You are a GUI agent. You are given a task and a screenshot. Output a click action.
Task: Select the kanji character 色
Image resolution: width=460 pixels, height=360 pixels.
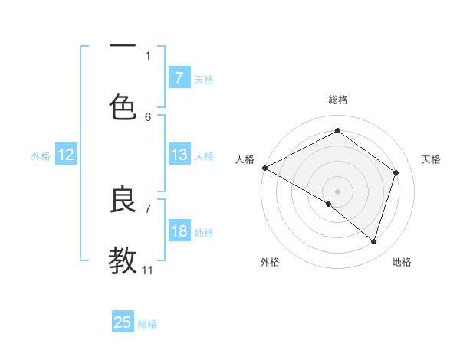tap(123, 107)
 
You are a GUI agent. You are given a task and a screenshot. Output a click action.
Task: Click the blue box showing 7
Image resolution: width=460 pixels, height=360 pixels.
tap(179, 78)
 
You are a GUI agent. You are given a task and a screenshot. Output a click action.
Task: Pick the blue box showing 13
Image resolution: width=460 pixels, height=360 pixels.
tap(179, 155)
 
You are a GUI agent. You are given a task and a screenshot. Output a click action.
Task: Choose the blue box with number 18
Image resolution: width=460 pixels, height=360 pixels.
tap(179, 231)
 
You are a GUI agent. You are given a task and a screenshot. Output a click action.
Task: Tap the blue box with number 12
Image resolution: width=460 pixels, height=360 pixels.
tap(65, 155)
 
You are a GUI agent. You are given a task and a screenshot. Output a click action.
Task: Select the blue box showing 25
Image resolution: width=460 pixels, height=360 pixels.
tap(123, 322)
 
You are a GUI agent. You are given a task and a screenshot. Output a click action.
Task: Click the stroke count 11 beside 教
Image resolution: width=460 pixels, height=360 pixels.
tap(148, 270)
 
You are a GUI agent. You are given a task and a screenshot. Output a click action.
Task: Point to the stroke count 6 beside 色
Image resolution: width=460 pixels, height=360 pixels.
tap(148, 116)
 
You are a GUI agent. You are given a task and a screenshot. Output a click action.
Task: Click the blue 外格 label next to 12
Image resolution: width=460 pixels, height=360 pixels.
tap(41, 155)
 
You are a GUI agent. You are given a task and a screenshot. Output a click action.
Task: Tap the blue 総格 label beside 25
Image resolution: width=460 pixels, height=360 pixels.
tap(147, 324)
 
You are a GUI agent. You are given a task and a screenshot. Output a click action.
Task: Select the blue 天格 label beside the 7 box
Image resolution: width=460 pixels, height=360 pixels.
tap(204, 79)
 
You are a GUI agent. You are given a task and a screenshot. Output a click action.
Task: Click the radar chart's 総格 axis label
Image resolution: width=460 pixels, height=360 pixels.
tap(338, 100)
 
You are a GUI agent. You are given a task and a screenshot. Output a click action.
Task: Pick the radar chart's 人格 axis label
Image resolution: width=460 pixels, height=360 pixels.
tap(245, 159)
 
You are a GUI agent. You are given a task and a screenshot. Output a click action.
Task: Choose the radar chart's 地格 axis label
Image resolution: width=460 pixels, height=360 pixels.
tap(402, 262)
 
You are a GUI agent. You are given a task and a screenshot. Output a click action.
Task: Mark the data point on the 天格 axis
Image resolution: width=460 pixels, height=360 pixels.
tap(396, 172)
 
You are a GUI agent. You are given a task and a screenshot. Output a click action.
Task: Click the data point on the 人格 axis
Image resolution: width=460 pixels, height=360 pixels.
tap(264, 168)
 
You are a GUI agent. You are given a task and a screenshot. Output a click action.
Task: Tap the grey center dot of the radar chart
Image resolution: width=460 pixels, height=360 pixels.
tap(337, 191)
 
